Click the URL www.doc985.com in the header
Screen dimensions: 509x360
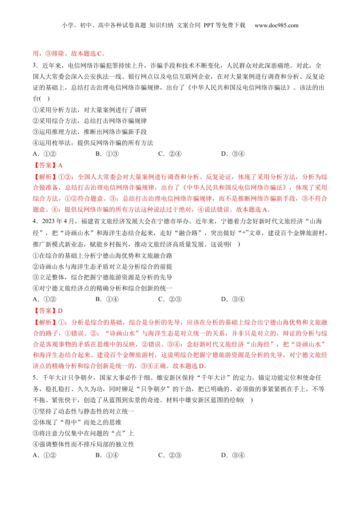[276, 25]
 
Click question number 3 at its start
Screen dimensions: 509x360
[35, 66]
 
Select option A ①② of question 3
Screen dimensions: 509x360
[45, 154]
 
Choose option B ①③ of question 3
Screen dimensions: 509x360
[107, 154]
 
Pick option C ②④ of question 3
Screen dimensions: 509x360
[170, 154]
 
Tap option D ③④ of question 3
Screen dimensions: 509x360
[233, 154]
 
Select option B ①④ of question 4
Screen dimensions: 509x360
[107, 299]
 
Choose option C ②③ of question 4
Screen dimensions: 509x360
[170, 299]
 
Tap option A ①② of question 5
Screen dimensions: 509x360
[45, 455]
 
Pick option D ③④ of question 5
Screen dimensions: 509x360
[233, 455]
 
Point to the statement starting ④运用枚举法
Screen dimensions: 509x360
[93, 143]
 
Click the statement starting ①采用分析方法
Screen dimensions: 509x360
[89, 110]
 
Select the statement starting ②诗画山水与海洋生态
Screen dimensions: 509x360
[102, 267]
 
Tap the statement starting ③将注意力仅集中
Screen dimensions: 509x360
[83, 433]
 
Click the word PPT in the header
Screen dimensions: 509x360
[209, 25]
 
